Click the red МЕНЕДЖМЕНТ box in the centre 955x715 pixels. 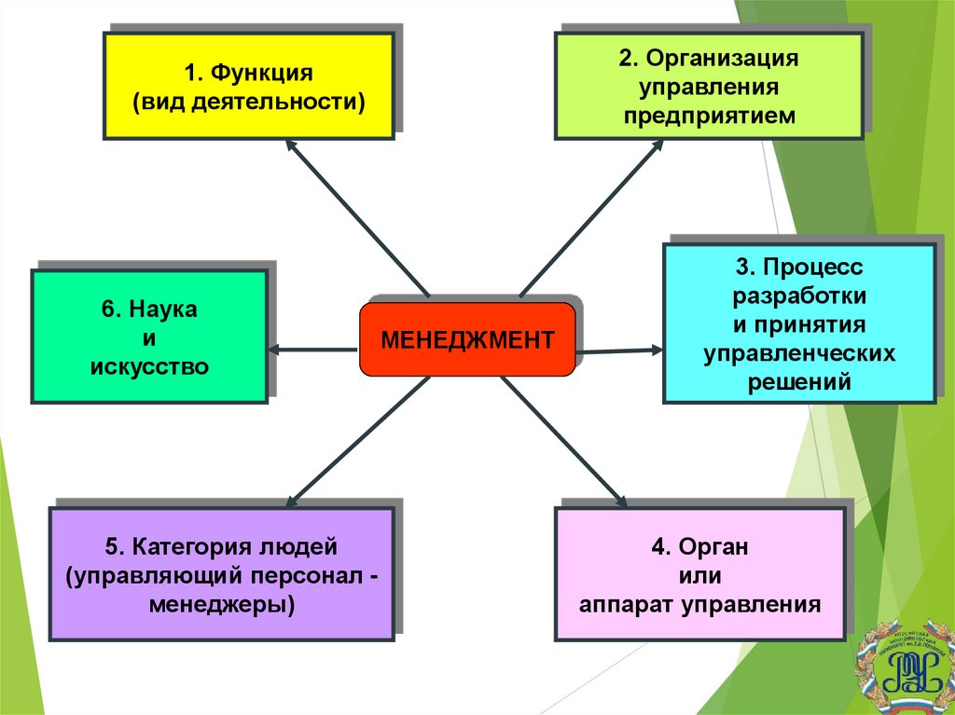[467, 339]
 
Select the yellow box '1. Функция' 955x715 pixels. [247, 86]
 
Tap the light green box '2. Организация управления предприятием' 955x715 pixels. [709, 86]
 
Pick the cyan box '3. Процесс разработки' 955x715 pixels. [799, 323]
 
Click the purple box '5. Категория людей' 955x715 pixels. [221, 573]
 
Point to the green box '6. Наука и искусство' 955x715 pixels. [149, 337]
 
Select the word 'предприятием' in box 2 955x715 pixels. [710, 117]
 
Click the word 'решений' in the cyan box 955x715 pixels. [799, 381]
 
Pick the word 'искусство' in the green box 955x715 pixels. [149, 365]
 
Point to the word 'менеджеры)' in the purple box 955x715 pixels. [221, 603]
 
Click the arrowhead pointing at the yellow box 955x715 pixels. [290, 145]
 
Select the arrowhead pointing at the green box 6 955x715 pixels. [275, 350]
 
